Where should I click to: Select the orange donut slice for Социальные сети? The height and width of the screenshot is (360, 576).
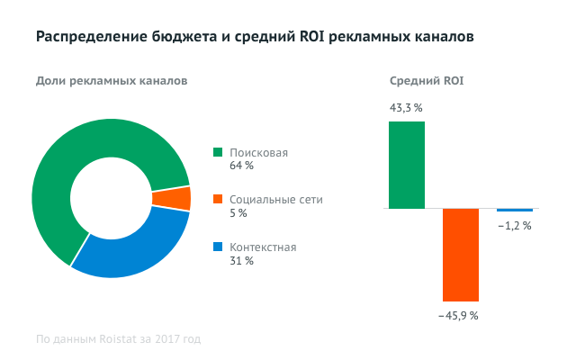tap(171, 199)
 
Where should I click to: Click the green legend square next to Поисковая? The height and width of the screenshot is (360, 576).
tap(217, 153)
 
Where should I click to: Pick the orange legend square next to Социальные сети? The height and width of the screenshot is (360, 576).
tap(217, 200)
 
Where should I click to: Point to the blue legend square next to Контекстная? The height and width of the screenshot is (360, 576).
tap(217, 247)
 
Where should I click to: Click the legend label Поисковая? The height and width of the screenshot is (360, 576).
tap(258, 153)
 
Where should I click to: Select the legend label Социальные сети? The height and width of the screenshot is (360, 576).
tap(275, 200)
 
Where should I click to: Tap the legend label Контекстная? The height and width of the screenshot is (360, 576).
tap(263, 247)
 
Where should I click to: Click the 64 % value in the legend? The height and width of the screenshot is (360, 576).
tap(241, 166)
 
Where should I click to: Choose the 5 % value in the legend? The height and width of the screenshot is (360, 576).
tap(238, 213)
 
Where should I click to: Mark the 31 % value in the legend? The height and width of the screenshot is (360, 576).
tap(241, 261)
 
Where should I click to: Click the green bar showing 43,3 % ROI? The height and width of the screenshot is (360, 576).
tap(407, 165)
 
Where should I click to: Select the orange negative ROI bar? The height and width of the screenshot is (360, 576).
tap(461, 255)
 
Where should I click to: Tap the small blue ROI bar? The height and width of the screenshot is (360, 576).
tap(515, 210)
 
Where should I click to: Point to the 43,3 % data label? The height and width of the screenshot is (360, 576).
tap(406, 108)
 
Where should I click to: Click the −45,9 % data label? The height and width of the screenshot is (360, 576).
tap(458, 316)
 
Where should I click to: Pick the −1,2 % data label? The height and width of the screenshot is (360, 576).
tap(514, 225)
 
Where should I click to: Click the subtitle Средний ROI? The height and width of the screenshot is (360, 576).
tap(427, 81)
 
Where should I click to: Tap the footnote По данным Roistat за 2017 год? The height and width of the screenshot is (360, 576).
tap(118, 339)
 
